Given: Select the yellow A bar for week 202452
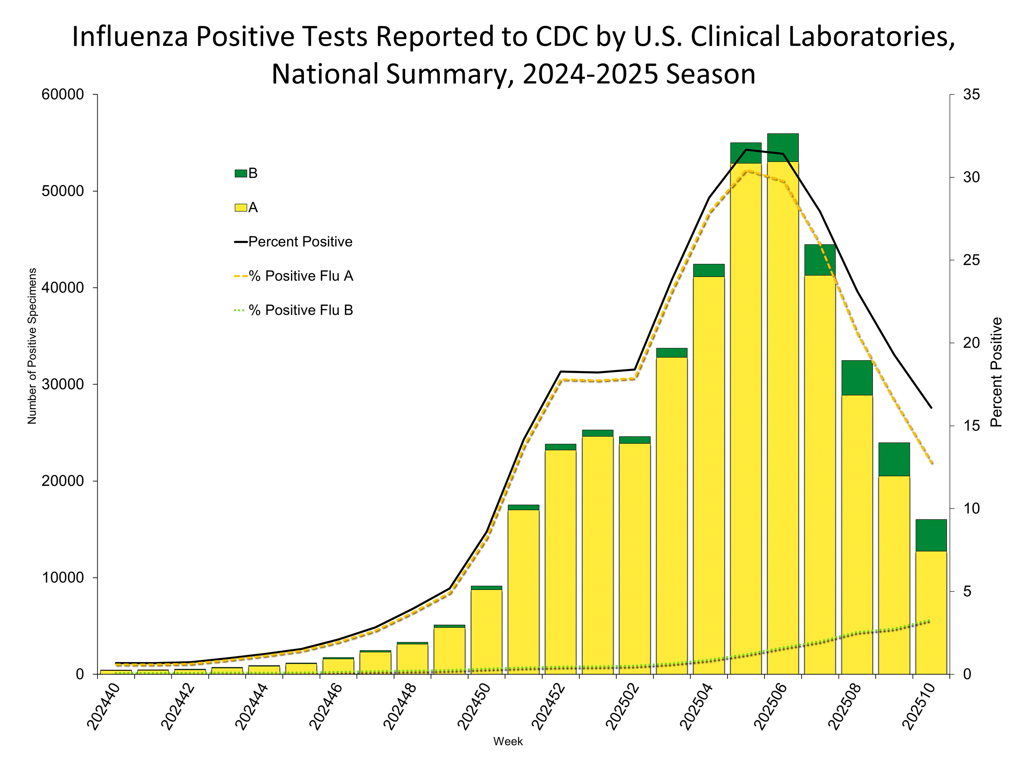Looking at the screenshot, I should [x=560, y=561].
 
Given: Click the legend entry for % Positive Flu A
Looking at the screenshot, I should [x=294, y=276].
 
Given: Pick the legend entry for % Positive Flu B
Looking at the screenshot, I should [x=294, y=310].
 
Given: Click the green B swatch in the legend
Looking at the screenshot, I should [x=241, y=173].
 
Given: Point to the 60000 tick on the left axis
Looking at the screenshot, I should [x=63, y=95].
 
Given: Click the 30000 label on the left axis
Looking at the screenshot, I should [x=63, y=384].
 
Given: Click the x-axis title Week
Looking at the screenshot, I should [x=508, y=741].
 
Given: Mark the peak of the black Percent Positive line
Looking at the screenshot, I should [x=746, y=150].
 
